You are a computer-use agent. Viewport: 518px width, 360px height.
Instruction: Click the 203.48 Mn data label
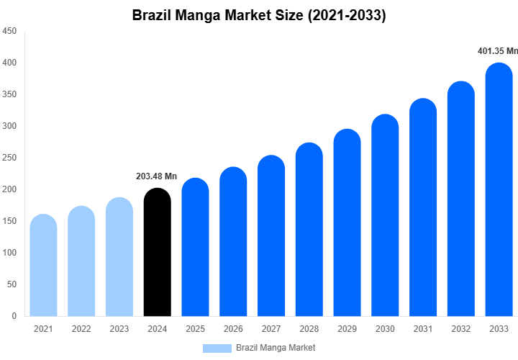pyautogui.click(x=156, y=176)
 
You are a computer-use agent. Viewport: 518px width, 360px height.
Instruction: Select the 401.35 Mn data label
pyautogui.click(x=498, y=51)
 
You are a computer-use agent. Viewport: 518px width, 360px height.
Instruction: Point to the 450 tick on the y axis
pyautogui.click(x=9, y=32)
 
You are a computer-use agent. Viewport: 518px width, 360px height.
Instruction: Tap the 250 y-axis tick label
pyautogui.click(x=9, y=158)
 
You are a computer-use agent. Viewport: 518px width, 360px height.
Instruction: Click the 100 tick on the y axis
pyautogui.click(x=9, y=253)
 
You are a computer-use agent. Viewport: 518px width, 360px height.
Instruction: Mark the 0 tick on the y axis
pyautogui.click(x=14, y=316)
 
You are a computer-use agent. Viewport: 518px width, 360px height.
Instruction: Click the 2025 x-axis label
pyautogui.click(x=195, y=329)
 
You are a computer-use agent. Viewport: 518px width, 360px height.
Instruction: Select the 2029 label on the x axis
pyautogui.click(x=347, y=329)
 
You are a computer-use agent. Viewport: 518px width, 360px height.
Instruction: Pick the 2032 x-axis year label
pyautogui.click(x=461, y=329)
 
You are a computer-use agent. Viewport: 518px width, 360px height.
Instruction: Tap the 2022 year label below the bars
pyautogui.click(x=81, y=329)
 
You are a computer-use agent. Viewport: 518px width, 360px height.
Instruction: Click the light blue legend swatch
pyautogui.click(x=217, y=348)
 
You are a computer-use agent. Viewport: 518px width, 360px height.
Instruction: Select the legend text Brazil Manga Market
pyautogui.click(x=276, y=348)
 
